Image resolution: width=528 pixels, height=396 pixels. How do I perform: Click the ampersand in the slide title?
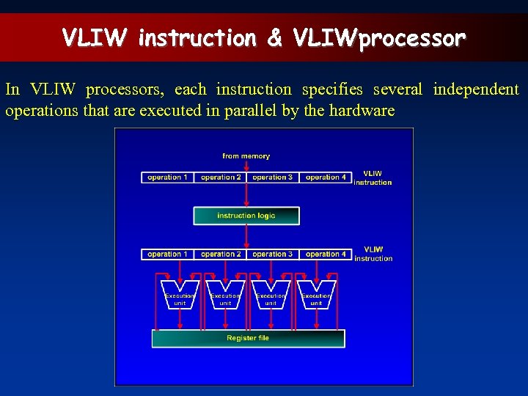point(275,37)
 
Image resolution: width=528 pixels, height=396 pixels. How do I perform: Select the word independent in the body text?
point(475,89)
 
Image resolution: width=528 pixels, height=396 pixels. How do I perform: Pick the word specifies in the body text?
point(332,89)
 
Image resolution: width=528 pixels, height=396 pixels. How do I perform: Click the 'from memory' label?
point(246,155)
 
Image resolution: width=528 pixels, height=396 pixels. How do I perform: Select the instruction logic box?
point(246,216)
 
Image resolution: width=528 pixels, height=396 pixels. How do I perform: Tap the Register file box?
point(248,338)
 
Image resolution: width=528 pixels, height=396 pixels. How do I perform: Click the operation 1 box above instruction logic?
point(167,177)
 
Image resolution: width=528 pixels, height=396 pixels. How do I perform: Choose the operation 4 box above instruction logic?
point(326,177)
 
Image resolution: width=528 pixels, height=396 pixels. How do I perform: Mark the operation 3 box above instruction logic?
point(273,177)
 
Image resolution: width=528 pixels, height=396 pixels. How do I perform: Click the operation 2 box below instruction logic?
point(221,254)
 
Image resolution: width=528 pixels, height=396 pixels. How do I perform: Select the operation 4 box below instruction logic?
point(326,254)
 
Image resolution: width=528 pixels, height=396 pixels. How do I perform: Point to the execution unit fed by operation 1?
point(180,295)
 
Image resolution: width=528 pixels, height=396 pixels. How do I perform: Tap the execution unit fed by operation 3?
point(271,295)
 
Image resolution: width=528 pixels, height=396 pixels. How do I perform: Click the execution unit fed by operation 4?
point(316,295)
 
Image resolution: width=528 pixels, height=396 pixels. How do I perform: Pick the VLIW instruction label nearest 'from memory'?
point(373,178)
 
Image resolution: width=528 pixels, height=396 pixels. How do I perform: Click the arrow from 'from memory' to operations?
point(246,166)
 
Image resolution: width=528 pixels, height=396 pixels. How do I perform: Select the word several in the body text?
point(397,89)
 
